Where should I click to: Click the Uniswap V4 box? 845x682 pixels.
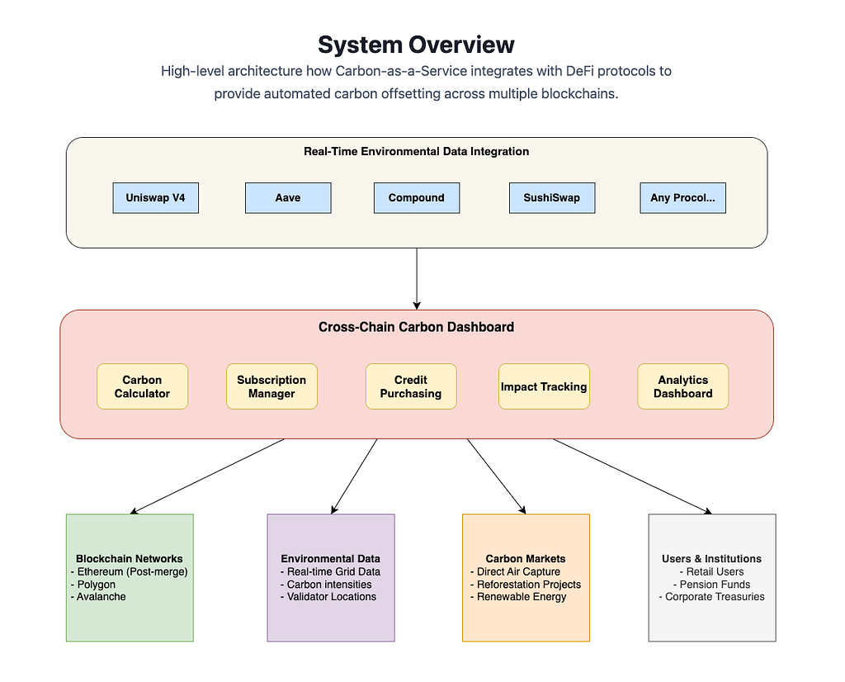point(156,198)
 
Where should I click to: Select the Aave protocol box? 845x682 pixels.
point(288,198)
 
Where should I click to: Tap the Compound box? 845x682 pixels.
point(417,198)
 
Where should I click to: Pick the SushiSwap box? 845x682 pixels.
point(552,198)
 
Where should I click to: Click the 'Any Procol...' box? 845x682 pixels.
point(682,198)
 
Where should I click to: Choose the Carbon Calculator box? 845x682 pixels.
point(142,386)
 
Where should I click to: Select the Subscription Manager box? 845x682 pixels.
point(271,386)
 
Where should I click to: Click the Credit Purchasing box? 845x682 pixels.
point(411,386)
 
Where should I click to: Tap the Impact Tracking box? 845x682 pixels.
point(544,386)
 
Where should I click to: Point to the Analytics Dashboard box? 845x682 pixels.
point(682,386)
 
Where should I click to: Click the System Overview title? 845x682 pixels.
point(416,45)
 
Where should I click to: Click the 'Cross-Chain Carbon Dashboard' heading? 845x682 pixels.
point(416,327)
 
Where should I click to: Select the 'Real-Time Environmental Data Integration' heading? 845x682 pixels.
point(416,151)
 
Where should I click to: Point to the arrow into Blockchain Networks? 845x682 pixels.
point(207,476)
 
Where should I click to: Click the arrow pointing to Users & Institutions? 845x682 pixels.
point(633,476)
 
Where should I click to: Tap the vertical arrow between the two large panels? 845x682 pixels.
point(417,279)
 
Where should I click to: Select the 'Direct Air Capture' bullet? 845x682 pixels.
point(515,571)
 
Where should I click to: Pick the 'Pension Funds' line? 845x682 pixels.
point(711,585)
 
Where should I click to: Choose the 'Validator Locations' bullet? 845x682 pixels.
point(328,597)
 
